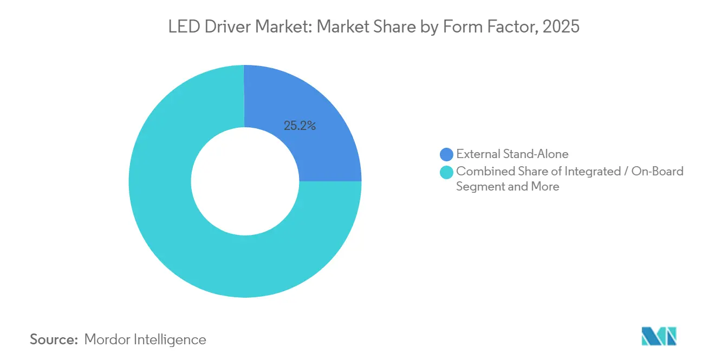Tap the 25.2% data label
click(300, 126)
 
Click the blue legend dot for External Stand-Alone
click(447, 154)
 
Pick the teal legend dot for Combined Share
click(447, 172)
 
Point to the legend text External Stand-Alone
click(512, 154)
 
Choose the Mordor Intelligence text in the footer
click(145, 340)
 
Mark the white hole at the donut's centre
click(245, 181)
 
